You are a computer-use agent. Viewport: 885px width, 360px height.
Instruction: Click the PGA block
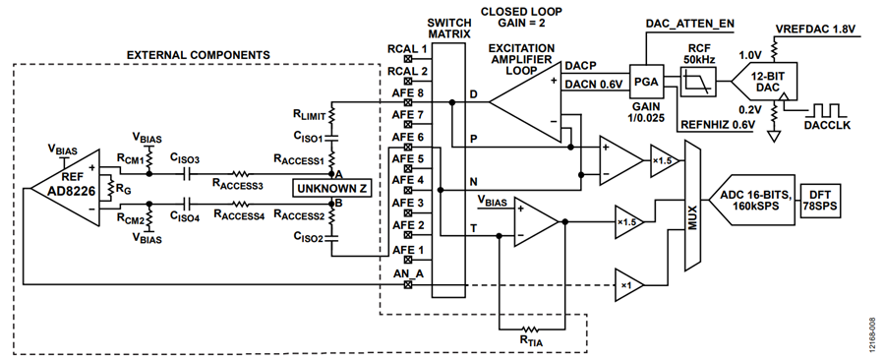pos(646,81)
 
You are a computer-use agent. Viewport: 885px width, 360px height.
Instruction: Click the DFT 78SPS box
pos(819,201)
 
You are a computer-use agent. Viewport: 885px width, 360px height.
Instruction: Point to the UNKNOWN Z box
pos(332,189)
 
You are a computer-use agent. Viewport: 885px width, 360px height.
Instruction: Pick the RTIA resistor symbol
pos(530,329)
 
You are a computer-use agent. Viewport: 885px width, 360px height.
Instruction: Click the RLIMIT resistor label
pos(309,116)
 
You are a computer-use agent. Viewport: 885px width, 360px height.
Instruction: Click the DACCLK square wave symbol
pos(826,110)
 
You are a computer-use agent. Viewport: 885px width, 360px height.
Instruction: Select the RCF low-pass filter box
pos(699,82)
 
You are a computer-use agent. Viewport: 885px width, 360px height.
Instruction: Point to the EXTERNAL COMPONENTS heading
pos(198,55)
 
